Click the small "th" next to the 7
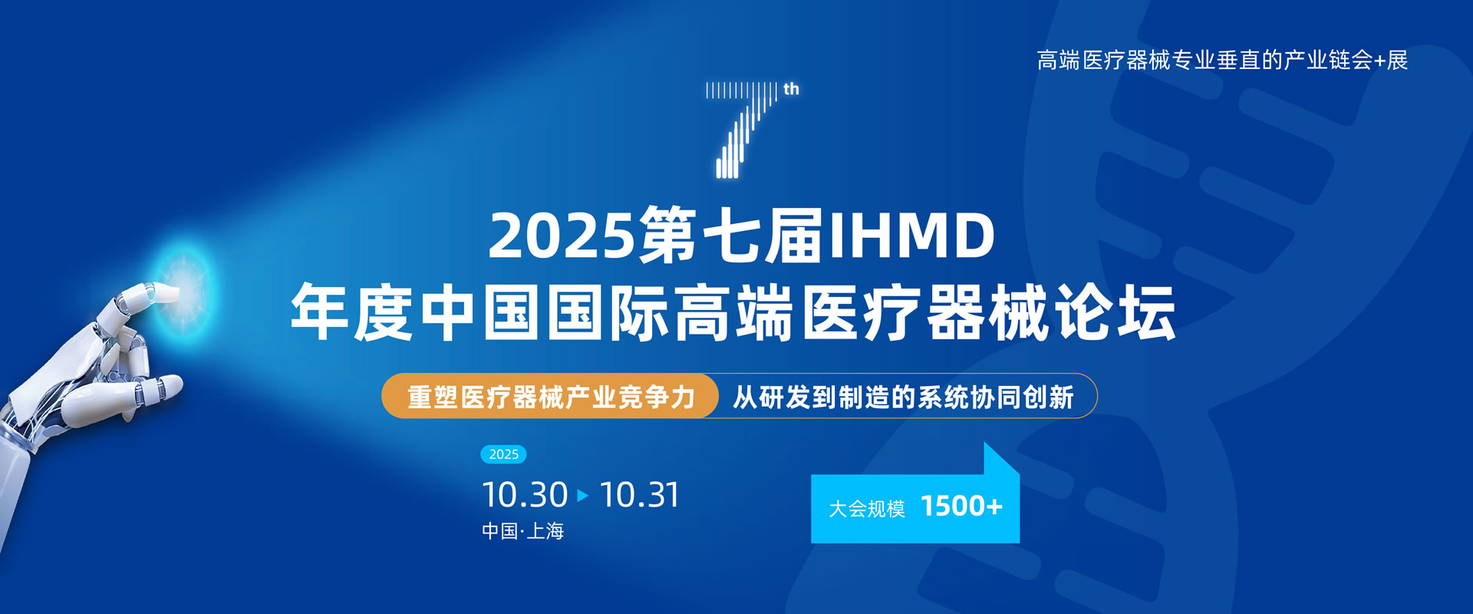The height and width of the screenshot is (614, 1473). coord(791,89)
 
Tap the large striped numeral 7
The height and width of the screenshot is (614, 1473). coord(742,130)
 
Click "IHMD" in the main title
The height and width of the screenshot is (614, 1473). coord(911,236)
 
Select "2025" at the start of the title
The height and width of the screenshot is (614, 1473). coord(562,236)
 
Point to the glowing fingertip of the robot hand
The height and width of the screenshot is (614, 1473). coord(167,292)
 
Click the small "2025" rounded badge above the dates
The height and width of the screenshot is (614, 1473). coord(503,454)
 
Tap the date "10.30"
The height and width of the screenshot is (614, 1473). coord(525,495)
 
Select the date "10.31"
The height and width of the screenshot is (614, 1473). coord(640,495)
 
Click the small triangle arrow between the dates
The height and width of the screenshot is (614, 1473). coord(583,495)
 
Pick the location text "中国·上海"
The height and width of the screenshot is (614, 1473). coord(522,531)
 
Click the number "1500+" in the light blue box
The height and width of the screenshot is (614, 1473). coord(961,507)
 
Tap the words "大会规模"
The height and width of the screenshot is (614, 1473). coord(867,508)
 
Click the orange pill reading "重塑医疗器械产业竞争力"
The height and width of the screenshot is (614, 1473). coord(550,396)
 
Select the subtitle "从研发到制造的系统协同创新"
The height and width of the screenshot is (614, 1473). coord(903,397)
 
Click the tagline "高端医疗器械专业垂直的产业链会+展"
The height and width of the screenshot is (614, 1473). coord(1222,60)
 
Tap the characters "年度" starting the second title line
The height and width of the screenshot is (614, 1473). coord(353,312)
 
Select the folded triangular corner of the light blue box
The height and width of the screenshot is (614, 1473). coord(1001,459)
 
